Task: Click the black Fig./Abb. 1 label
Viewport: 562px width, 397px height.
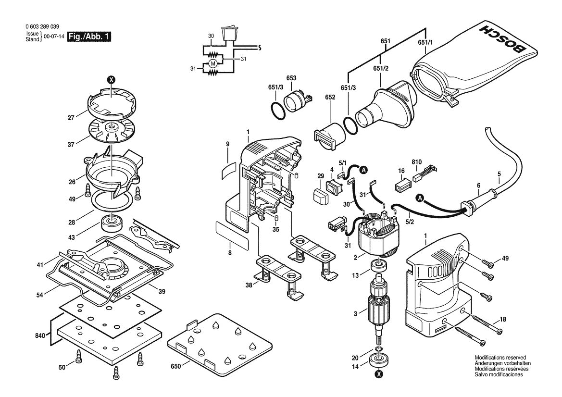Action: point(90,37)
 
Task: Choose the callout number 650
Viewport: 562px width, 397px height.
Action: point(175,366)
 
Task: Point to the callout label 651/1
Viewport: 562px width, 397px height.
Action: point(425,42)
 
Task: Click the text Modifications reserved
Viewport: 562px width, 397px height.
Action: point(500,357)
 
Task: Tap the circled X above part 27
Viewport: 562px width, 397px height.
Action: point(111,80)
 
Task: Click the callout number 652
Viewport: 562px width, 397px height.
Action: point(330,111)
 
